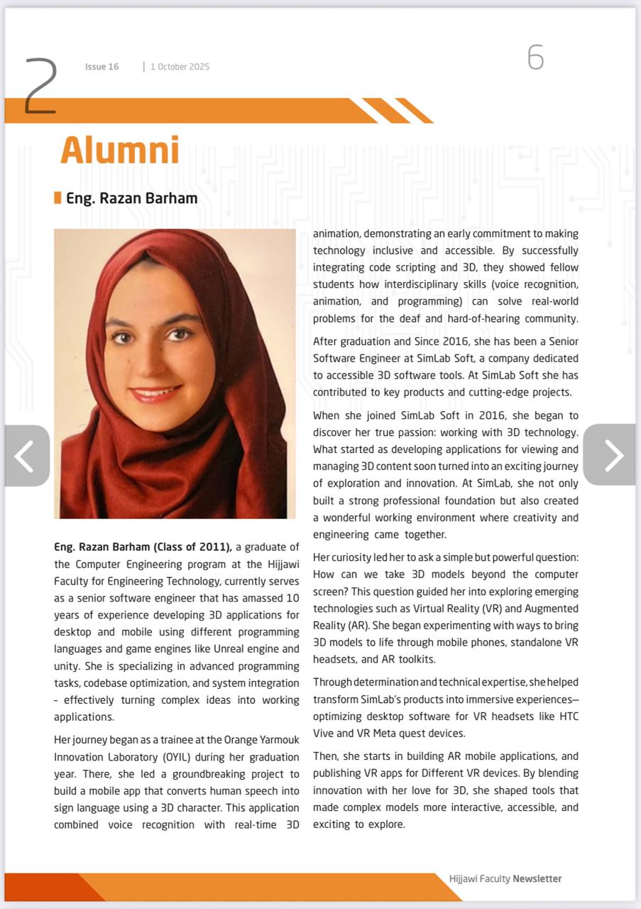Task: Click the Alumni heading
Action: pyautogui.click(x=119, y=151)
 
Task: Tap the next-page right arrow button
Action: pyautogui.click(x=610, y=455)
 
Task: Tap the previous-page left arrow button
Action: pyautogui.click(x=26, y=456)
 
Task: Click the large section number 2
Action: pyautogui.click(x=40, y=86)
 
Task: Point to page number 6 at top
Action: pyautogui.click(x=535, y=58)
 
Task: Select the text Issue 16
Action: pyautogui.click(x=102, y=67)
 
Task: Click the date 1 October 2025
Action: pyautogui.click(x=180, y=67)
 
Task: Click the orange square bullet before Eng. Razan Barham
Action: pyautogui.click(x=57, y=197)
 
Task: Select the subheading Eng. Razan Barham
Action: pyautogui.click(x=131, y=198)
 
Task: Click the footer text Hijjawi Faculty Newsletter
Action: pyautogui.click(x=505, y=878)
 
